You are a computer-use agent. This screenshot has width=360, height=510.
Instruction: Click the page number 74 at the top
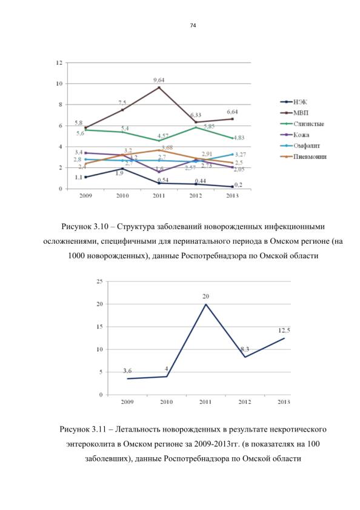(x=193, y=25)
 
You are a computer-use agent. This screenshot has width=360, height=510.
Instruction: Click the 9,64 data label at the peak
(x=159, y=80)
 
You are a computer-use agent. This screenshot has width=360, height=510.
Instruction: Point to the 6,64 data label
(x=232, y=112)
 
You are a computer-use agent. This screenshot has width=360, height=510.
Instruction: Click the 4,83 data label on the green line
(x=239, y=138)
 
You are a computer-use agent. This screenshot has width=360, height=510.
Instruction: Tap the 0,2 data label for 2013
(x=238, y=185)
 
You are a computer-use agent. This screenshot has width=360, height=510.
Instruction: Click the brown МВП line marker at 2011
(x=159, y=87)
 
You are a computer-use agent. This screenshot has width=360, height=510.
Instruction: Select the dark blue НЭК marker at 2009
(x=85, y=177)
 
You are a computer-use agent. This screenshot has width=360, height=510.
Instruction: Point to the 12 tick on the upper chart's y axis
(x=59, y=62)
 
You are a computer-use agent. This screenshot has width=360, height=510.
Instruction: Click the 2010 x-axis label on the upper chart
(x=122, y=195)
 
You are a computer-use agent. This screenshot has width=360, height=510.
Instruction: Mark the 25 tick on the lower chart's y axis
(x=99, y=281)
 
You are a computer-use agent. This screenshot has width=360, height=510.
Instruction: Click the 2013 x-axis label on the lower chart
(x=284, y=402)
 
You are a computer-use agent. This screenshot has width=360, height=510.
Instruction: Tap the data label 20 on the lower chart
(x=205, y=297)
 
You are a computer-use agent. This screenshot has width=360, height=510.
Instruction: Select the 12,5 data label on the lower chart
(x=284, y=330)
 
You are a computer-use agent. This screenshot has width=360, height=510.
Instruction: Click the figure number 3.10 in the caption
(x=101, y=226)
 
